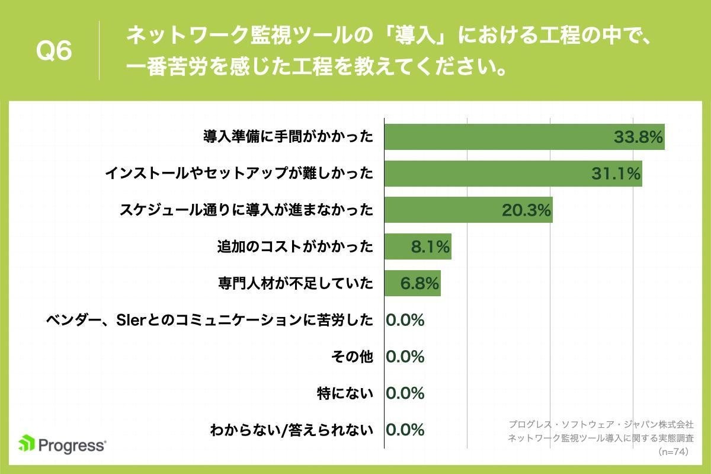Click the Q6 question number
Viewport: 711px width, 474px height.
point(54,52)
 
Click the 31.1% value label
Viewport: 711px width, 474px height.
point(616,174)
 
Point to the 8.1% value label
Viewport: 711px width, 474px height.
point(430,246)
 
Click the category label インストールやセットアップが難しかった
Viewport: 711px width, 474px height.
point(239,174)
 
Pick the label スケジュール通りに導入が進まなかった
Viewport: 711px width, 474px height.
point(246,210)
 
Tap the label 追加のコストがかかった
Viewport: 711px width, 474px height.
point(295,246)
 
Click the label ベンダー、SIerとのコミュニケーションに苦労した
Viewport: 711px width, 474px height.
point(210,320)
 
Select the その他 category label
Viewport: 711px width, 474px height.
point(352,357)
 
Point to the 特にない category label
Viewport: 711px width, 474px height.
point(345,393)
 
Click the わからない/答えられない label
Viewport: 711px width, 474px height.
point(292,430)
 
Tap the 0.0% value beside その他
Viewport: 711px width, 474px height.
point(405,357)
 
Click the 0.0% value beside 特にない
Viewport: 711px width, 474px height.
point(405,393)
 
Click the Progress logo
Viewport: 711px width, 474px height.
point(62,444)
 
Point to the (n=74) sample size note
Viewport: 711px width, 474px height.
point(675,451)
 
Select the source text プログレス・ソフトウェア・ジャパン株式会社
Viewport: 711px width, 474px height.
point(600,425)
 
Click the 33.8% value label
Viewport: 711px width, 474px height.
point(638,137)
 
